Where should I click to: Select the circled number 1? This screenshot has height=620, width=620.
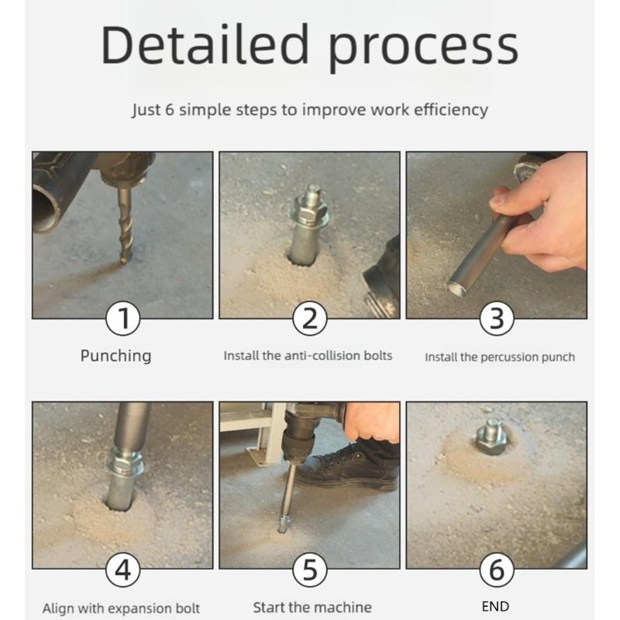coord(122,319)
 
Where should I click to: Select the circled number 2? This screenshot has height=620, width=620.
coord(309,319)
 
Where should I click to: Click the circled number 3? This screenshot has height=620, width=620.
coord(497,319)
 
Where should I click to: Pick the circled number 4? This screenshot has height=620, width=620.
coord(122,571)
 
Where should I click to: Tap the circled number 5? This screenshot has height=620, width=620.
coord(309,571)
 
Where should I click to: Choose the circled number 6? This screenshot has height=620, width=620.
coord(497,571)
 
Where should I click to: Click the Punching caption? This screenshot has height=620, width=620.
coord(115,356)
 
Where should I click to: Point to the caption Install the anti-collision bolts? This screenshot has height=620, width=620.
coord(308,356)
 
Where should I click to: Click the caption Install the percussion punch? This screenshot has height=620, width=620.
coord(500,357)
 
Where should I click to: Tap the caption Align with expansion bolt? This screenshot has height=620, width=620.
coord(121,608)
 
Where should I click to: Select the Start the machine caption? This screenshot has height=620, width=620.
coord(312,607)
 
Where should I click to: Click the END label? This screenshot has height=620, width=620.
coord(495,606)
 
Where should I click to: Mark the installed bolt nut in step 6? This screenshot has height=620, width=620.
coord(491,439)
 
